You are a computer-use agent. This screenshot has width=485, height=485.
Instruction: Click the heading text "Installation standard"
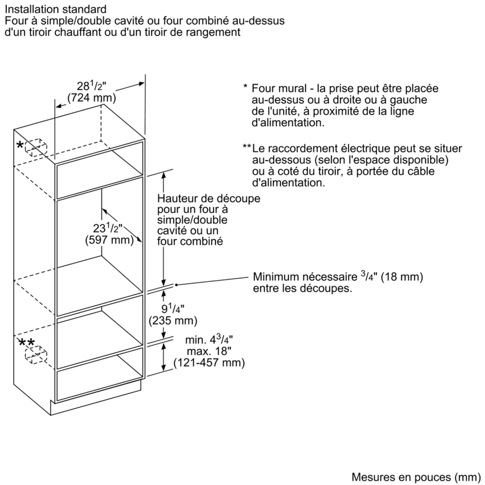(56, 9)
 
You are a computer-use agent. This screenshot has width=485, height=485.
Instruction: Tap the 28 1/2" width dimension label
(91, 86)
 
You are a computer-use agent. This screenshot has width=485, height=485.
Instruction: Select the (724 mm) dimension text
(92, 98)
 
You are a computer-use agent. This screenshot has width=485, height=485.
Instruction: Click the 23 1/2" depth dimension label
(107, 228)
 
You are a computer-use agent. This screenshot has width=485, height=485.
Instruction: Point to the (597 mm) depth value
(109, 240)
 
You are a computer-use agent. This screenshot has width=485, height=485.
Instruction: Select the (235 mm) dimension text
(173, 321)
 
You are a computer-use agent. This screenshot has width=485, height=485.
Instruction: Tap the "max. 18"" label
(209, 351)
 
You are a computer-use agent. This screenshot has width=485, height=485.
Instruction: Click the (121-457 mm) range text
(209, 363)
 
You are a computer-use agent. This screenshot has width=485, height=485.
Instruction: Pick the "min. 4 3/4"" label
(209, 340)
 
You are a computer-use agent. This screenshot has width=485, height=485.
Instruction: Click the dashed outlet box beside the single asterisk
(36, 147)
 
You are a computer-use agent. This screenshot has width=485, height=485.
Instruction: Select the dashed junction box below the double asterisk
(36, 355)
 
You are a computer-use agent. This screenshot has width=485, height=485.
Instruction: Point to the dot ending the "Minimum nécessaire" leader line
(176, 285)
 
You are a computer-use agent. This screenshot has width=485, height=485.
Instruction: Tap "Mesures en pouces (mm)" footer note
(416, 477)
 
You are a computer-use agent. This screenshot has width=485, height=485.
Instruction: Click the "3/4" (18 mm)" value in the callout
(392, 277)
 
